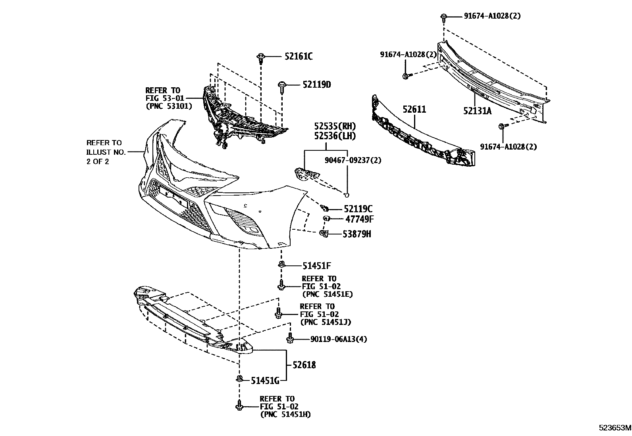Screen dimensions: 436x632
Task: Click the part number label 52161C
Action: (x=298, y=56)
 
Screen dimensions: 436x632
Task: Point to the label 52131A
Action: (x=477, y=111)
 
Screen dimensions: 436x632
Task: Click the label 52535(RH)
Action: (x=335, y=127)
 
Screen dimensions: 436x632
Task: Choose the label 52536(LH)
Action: (x=335, y=136)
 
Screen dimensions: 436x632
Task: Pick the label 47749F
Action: (x=359, y=219)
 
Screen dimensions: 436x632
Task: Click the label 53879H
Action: (x=357, y=234)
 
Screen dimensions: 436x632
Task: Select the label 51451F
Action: (x=316, y=265)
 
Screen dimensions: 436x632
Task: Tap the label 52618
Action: (x=304, y=365)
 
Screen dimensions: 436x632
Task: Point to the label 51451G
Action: (x=265, y=381)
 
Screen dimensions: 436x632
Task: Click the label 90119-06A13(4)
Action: (x=339, y=339)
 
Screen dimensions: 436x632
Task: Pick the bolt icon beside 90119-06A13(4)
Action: (x=290, y=339)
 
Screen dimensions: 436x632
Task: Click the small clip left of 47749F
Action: (x=326, y=219)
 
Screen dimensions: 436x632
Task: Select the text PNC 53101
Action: (x=169, y=106)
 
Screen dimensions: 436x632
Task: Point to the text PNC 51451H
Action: (x=285, y=415)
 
